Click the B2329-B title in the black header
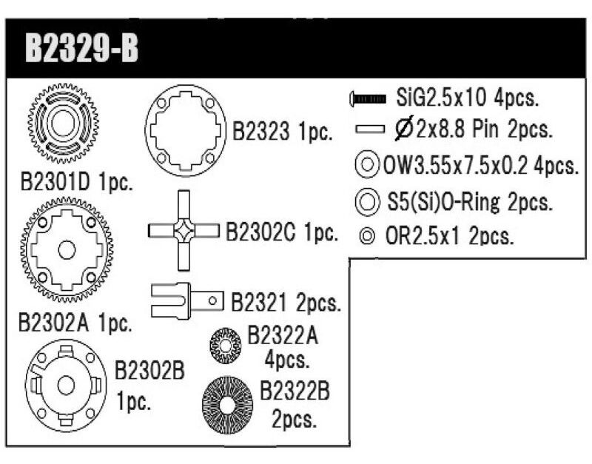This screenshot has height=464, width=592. pyautogui.click(x=81, y=48)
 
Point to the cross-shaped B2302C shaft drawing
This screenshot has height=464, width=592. pyautogui.click(x=184, y=230)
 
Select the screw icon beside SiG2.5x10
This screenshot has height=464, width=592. pyautogui.click(x=368, y=99)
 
